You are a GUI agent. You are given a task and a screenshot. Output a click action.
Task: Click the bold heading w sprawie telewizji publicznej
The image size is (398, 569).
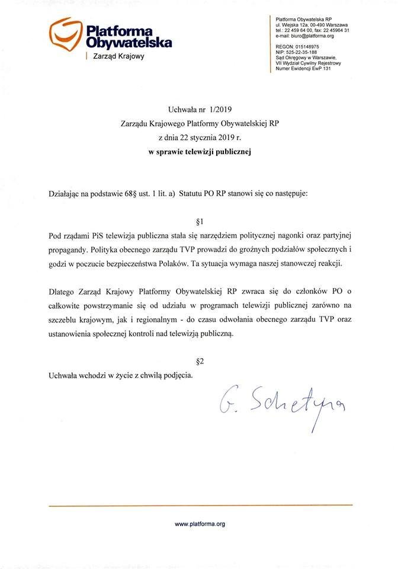200,152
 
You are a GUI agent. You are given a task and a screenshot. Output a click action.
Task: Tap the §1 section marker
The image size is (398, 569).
199,222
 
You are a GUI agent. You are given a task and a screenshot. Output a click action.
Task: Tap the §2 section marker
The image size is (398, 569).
200,361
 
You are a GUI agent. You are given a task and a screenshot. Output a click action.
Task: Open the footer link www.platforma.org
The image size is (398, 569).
200,524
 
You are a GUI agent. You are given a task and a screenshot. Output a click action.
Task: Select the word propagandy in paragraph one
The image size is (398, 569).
70,250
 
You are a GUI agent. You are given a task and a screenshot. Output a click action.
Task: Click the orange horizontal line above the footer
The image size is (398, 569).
200,505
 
